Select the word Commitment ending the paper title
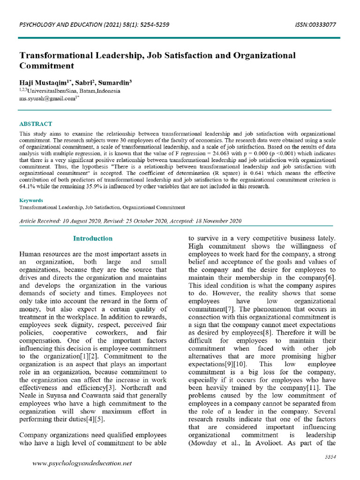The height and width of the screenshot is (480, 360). pyautogui.click(x=46, y=66)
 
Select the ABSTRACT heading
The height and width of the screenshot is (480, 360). pyautogui.click(x=36, y=124)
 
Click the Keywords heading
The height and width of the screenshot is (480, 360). pyautogui.click(x=31, y=200)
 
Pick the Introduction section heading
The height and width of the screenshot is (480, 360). pyautogui.click(x=93, y=239)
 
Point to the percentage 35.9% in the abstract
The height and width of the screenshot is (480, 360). pyautogui.click(x=116, y=186)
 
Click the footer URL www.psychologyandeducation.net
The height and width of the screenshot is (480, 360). pyautogui.click(x=82, y=463)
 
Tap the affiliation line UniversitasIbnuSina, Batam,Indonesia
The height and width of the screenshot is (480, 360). pyautogui.click(x=69, y=91)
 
